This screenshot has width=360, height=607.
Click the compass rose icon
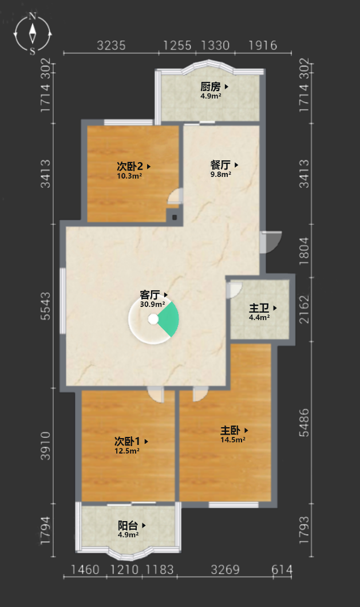tap(33, 34)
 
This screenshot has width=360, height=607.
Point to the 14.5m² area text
tap(232, 439)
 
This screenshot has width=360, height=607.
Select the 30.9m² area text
tap(152, 304)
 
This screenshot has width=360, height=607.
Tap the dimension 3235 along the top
tap(111, 46)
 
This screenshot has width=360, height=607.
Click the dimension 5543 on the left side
tap(46, 306)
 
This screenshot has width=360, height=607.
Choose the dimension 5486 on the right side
tap(304, 423)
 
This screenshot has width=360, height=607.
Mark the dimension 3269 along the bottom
tap(225, 569)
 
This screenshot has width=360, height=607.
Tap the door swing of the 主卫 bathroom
tap(235, 290)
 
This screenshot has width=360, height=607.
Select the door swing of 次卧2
tap(175, 196)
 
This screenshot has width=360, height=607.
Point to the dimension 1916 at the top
tap(263, 46)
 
